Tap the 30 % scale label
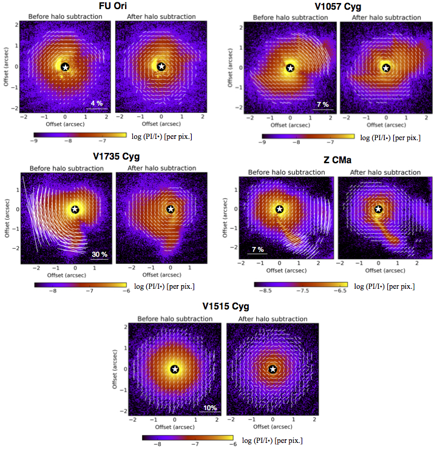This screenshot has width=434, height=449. point(99,254)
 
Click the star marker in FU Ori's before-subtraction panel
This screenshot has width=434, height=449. point(65,67)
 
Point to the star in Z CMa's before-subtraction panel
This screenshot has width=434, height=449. point(279,209)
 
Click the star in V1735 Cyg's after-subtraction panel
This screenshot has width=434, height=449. point(171,209)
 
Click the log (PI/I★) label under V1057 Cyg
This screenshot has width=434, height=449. point(395,137)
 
